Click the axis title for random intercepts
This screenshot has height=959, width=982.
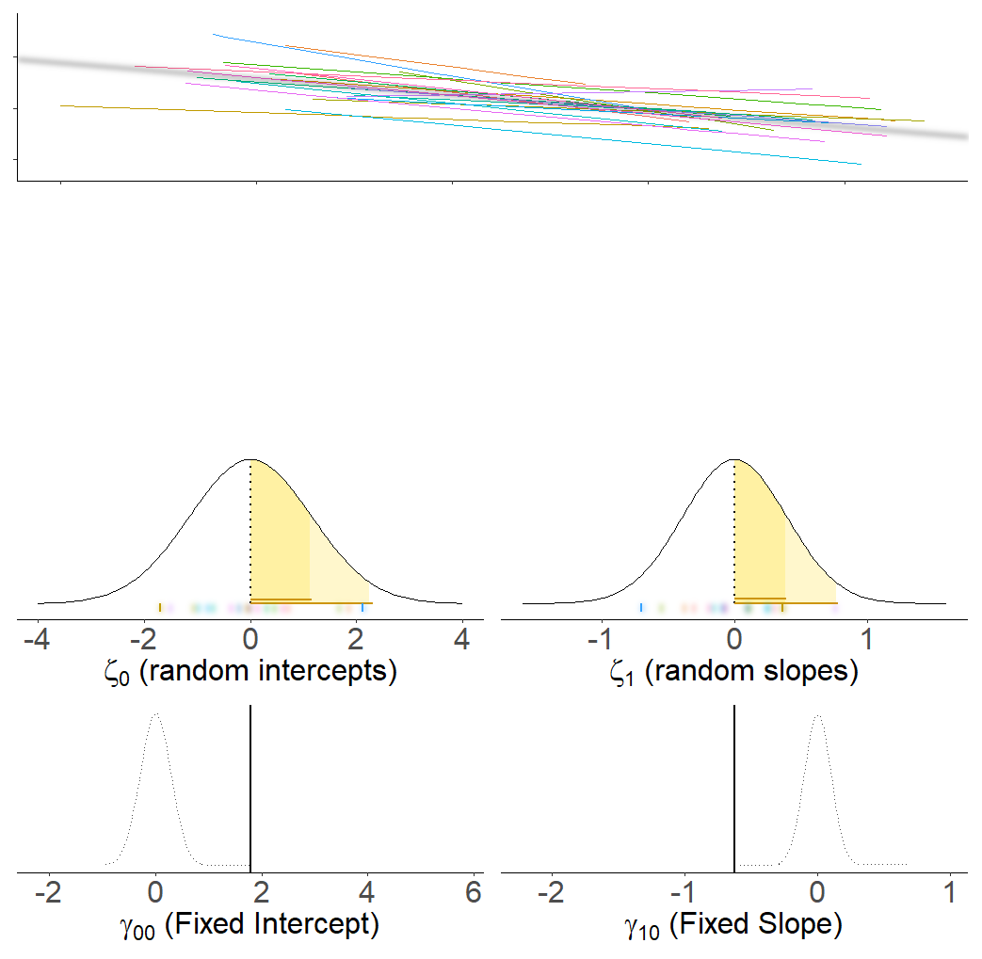point(250,672)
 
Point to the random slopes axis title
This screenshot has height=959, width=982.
point(733,672)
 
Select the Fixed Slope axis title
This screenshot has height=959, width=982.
point(733,926)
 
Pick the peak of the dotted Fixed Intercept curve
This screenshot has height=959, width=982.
point(155,714)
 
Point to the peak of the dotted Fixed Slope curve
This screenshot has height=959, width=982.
point(817,714)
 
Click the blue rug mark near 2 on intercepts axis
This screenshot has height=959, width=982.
point(362,608)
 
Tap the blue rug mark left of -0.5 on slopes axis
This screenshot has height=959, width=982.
point(641,608)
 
